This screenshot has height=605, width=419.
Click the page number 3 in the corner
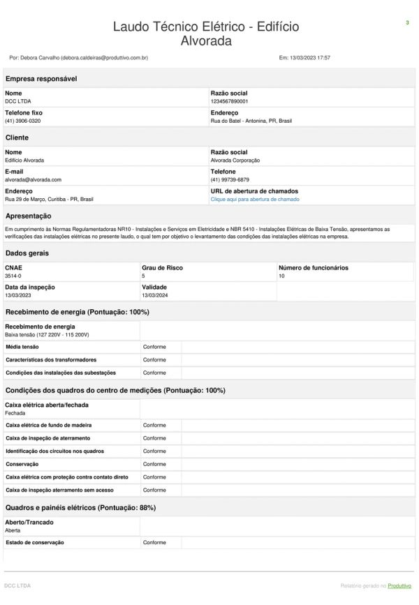407,23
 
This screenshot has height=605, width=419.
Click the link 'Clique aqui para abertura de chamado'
255,200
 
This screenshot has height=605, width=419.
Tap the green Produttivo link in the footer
400,585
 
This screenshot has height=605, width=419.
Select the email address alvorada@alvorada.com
33,180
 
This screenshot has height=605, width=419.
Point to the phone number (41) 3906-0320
22,121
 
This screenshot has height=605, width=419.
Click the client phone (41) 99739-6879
230,180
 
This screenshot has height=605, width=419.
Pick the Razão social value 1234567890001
229,101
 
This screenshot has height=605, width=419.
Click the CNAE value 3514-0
13,276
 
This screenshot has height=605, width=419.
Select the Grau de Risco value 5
143,276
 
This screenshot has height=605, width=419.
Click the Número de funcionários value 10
281,276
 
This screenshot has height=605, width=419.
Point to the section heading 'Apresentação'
28,216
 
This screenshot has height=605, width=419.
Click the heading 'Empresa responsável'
41,79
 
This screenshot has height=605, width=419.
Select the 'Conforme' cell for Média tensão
154,347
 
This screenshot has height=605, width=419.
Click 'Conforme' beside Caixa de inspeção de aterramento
154,438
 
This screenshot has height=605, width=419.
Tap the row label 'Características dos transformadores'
51,360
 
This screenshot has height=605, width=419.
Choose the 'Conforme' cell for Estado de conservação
154,543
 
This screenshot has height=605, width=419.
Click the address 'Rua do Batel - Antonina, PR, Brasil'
251,121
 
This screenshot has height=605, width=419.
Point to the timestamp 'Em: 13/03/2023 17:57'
304,57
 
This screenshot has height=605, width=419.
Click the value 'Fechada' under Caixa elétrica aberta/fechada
15,413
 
